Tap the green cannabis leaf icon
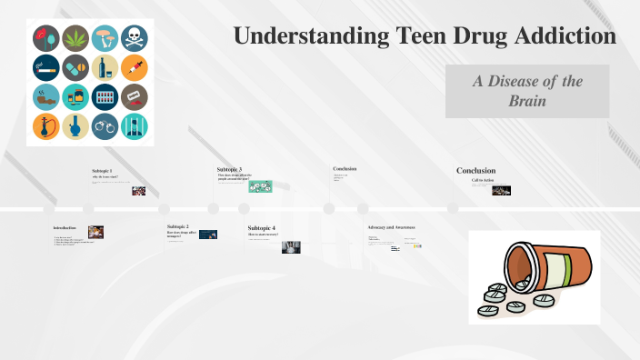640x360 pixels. coord(75,38)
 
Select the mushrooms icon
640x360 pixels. coord(105,38)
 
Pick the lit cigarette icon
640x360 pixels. coord(46,67)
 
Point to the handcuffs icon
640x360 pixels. coord(105,126)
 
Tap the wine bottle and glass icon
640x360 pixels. coord(105,67)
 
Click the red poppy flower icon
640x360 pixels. coord(46,38)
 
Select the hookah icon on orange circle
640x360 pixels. coord(46,126)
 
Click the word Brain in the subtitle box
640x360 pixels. coord(527,101)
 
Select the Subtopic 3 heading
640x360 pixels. coord(229,170)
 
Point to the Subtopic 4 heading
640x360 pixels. coord(261,227)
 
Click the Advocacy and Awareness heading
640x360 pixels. coord(391,226)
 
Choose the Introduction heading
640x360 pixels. coord(65,227)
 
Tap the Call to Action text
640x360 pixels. coord(482,180)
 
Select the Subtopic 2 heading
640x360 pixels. coord(178,225)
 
